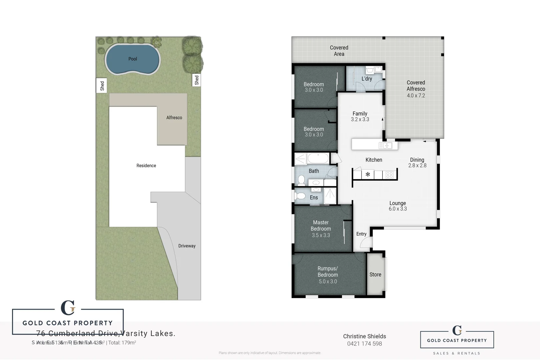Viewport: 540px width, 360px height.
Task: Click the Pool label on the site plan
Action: [x=133, y=59]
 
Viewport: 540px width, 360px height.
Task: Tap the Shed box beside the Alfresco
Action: [x=196, y=80]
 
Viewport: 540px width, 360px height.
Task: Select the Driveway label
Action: [x=187, y=246]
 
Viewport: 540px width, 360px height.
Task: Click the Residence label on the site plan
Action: [x=146, y=166]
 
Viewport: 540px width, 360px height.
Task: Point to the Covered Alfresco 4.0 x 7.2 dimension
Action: [x=416, y=95]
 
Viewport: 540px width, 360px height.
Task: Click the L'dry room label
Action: [x=367, y=79]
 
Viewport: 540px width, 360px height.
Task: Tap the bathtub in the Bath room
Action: [x=318, y=158]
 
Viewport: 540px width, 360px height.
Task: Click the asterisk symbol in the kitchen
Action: [x=368, y=174]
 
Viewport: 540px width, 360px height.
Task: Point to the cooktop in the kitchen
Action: [x=389, y=175]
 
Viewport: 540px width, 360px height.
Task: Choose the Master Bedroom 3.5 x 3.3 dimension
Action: [x=321, y=235]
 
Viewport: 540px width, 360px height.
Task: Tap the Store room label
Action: [x=375, y=275]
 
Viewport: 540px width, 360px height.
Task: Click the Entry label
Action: [x=361, y=234]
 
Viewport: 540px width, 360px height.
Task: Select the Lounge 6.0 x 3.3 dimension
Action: [x=398, y=209]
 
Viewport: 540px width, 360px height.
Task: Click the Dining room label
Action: [x=417, y=160]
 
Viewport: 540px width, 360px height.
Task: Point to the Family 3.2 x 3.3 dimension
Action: [x=360, y=119]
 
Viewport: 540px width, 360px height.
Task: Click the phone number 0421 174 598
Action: [x=364, y=344]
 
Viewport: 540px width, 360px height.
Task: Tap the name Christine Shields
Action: [x=364, y=336]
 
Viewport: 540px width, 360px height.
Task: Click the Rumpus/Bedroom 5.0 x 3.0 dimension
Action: [x=328, y=281]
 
